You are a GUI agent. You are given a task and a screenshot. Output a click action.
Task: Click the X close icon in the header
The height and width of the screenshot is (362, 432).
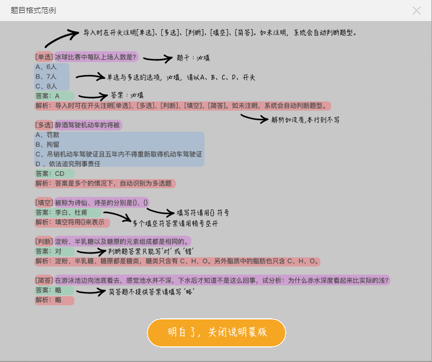(416, 10)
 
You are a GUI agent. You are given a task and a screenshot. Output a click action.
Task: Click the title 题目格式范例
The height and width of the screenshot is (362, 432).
(33, 10)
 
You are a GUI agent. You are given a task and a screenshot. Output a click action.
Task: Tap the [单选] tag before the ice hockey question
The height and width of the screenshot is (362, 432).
(44, 56)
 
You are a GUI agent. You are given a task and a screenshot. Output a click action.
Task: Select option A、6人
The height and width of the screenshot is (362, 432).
(46, 67)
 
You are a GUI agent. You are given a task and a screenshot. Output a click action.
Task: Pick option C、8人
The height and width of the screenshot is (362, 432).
(46, 86)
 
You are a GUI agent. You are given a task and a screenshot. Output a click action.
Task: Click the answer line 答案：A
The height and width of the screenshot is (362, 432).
(47, 96)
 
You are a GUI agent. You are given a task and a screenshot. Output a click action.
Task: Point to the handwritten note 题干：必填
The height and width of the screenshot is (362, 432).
(193, 58)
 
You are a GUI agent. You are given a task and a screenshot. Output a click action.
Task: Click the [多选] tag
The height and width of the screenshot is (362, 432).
(44, 125)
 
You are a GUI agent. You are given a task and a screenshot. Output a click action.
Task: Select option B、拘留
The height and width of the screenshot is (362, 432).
(47, 145)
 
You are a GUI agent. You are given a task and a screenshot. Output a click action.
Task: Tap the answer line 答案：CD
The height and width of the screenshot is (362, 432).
(50, 174)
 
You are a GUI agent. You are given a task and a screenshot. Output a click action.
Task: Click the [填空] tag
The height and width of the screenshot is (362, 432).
(44, 202)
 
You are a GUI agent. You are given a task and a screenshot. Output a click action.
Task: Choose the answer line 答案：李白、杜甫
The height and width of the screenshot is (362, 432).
(59, 213)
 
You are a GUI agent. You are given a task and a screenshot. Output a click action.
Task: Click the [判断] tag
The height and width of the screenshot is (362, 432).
(44, 241)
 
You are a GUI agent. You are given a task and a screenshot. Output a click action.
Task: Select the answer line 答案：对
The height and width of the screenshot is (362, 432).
(48, 251)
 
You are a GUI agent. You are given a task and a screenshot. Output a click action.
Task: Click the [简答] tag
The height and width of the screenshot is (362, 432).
(44, 280)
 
